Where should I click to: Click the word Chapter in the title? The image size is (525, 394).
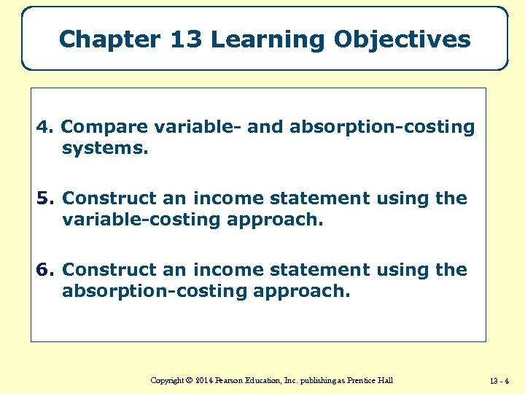(x=109, y=39)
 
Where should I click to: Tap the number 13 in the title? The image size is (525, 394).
(x=186, y=39)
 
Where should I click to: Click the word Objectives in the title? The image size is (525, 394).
(x=402, y=39)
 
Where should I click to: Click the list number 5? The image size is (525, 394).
(x=44, y=198)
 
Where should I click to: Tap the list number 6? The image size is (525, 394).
(x=44, y=270)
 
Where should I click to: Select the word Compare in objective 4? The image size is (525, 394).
(x=105, y=128)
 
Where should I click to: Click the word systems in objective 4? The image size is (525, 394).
(x=104, y=150)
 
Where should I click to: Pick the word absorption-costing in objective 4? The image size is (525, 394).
(x=382, y=128)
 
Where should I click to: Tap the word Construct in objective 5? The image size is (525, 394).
(x=109, y=198)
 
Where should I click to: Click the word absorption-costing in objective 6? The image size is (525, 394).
(x=154, y=292)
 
